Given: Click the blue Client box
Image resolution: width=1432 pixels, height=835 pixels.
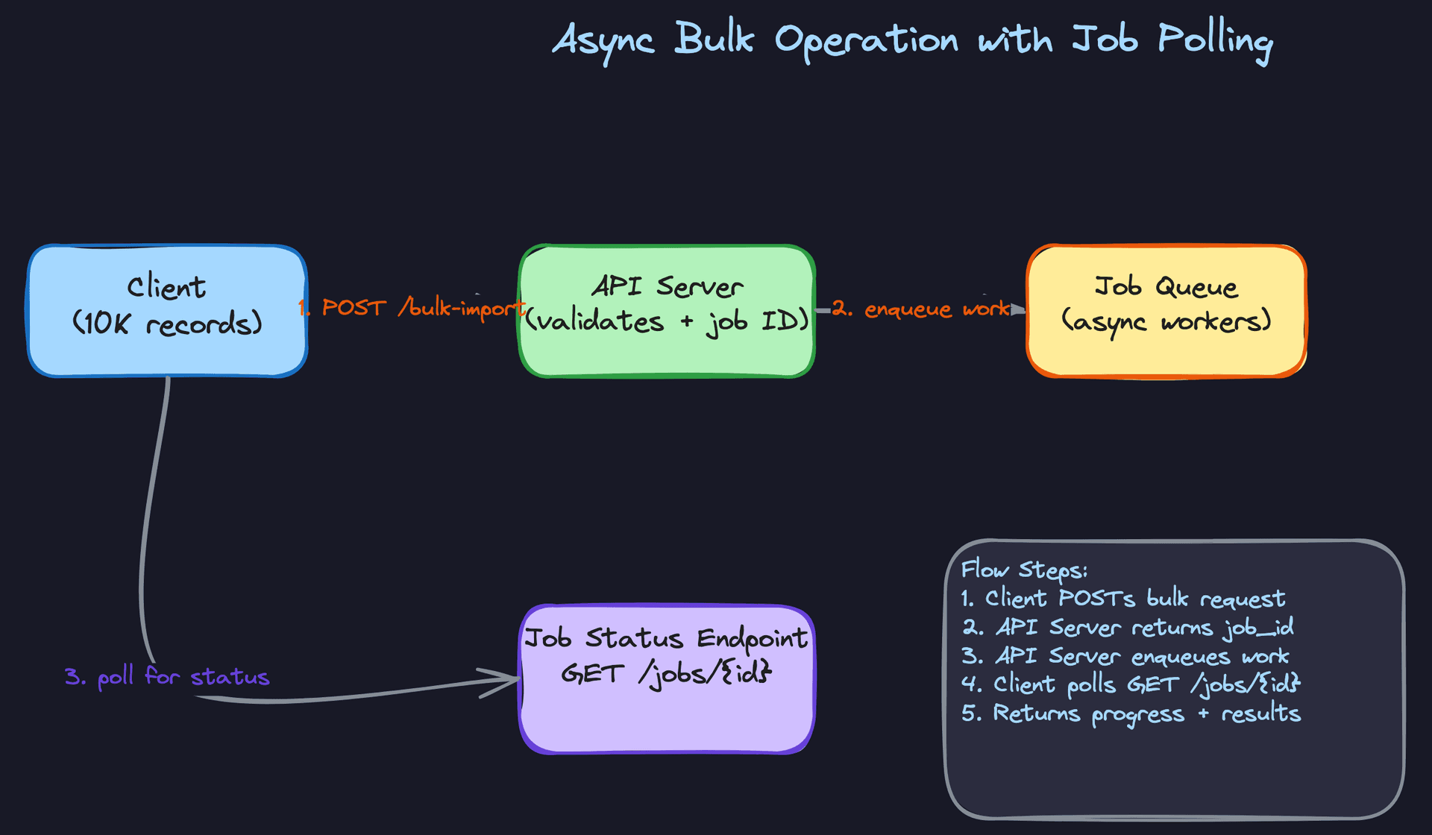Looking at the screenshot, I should [x=167, y=350].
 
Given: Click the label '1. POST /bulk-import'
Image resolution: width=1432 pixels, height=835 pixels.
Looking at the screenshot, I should [x=412, y=307].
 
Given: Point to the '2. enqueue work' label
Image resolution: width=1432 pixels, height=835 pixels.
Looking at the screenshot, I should [x=921, y=308].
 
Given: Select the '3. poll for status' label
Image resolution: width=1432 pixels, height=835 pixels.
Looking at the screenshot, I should [x=167, y=677].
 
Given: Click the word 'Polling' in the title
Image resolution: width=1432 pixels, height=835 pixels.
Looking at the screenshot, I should [x=1215, y=40].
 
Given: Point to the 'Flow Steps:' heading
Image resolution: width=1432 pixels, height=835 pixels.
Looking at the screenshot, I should [x=1024, y=570].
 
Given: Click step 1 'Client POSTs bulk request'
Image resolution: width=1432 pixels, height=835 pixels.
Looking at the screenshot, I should [x=1123, y=598].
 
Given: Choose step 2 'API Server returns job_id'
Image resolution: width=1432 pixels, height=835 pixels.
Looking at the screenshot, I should [x=1128, y=627].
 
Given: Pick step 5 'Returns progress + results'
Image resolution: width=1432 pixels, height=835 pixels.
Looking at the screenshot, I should [x=1131, y=713].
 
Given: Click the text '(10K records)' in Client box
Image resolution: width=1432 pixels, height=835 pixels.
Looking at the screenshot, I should [x=167, y=324].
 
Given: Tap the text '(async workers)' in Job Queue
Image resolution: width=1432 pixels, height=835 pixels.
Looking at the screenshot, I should [x=1166, y=321].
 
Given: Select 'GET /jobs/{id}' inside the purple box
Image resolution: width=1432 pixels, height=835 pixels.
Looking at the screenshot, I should [x=666, y=673].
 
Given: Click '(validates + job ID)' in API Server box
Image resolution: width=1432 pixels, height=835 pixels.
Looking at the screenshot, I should [x=666, y=321].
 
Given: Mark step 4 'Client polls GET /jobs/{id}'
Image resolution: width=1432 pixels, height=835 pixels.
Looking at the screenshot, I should [x=1131, y=684].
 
